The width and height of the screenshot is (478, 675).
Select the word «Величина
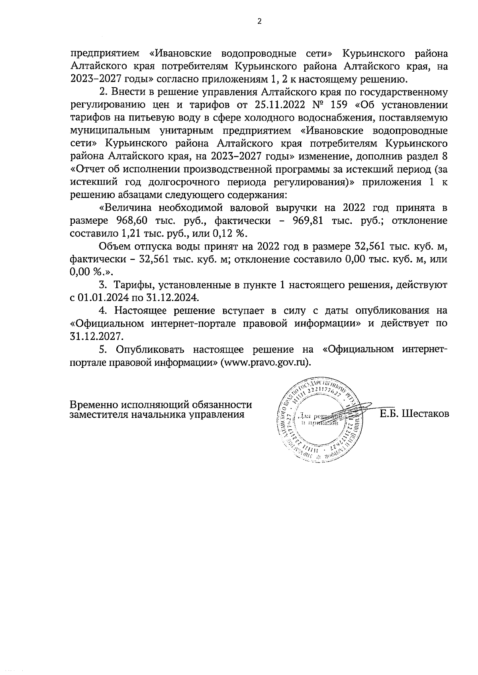coord(126,208)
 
